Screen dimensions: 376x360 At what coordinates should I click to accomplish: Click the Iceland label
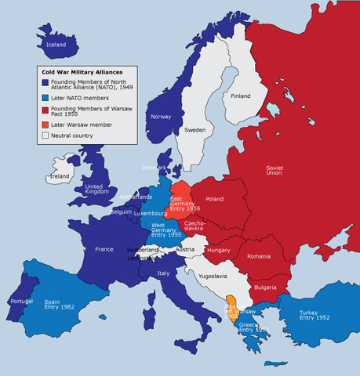[57, 45]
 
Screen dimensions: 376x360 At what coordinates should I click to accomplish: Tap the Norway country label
[161, 117]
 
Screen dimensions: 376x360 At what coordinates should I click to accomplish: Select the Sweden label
[195, 130]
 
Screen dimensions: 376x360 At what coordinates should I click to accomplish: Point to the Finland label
[241, 96]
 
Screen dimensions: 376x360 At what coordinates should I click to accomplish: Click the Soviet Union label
[275, 172]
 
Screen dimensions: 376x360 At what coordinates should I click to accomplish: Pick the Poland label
[215, 199]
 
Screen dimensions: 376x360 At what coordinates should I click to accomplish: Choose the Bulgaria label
[266, 287]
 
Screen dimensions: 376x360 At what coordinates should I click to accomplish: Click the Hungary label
[218, 250]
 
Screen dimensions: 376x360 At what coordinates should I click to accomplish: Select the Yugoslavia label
[212, 276]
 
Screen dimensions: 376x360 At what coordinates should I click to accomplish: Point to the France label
[104, 249]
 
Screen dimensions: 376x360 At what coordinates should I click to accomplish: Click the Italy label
[163, 273]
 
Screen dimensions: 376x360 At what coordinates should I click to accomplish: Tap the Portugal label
[20, 301]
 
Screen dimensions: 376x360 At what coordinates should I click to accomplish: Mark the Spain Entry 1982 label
[59, 304]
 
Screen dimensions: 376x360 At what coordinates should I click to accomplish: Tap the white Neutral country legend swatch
[45, 135]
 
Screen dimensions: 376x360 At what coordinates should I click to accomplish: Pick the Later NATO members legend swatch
[45, 99]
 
